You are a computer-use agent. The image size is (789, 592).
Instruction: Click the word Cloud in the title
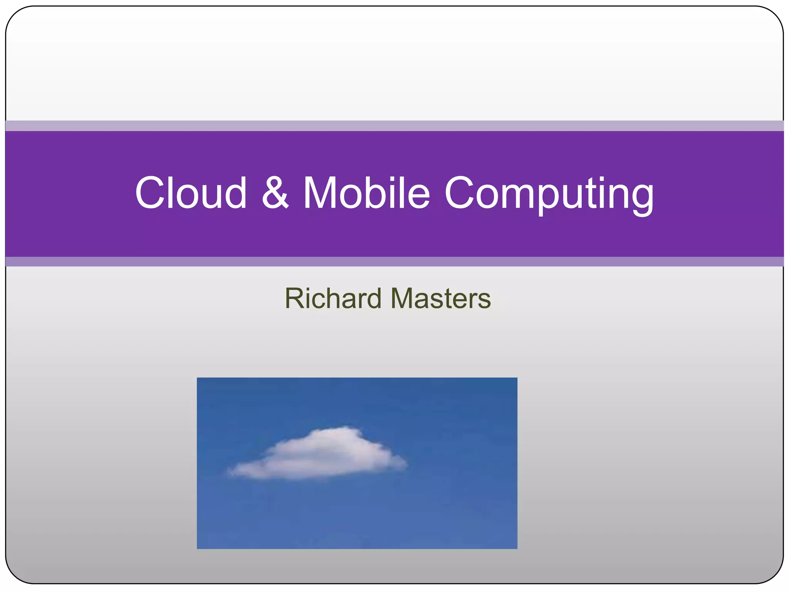tap(191, 193)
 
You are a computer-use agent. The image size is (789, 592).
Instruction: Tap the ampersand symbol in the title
tap(275, 193)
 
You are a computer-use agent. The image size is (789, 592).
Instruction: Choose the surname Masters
tap(441, 299)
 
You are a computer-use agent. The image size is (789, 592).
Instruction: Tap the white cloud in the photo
tap(320, 455)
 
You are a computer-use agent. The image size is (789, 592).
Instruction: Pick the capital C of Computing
tap(461, 193)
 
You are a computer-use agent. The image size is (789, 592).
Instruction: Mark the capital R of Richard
tap(294, 299)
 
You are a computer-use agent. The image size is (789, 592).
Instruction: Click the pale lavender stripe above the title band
tap(394, 126)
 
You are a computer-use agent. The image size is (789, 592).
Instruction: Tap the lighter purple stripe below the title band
tap(394, 262)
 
